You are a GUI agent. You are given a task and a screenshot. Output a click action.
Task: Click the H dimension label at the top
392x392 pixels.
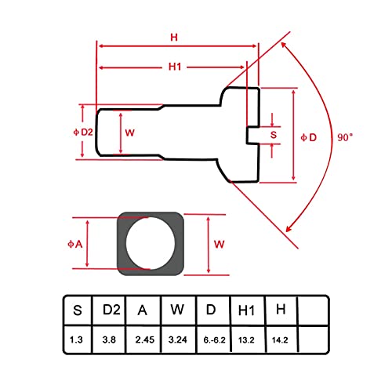tap(174, 38)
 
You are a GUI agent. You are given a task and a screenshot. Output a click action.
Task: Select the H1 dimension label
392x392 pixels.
tap(175, 67)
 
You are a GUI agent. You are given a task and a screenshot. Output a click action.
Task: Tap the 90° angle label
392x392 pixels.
tap(345, 137)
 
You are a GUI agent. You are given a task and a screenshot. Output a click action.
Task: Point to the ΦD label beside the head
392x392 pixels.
tap(309, 137)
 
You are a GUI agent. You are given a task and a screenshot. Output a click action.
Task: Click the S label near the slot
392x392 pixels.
tap(274, 135)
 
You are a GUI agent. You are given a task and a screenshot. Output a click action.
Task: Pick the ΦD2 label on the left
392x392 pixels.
tap(83, 132)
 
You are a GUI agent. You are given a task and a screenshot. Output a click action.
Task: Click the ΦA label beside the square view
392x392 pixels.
tap(75, 244)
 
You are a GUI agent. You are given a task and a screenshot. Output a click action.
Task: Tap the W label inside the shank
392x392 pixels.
tap(129, 132)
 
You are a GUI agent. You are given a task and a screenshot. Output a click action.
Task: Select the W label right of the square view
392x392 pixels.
tap(219, 245)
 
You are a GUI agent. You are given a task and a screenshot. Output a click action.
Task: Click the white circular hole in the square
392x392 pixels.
tap(151, 243)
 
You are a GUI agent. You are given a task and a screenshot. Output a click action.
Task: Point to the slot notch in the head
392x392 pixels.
tap(253, 135)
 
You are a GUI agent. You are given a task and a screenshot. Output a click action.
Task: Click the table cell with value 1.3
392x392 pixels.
tap(76, 339)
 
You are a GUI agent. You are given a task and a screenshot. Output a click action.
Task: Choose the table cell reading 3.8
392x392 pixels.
tap(109, 339)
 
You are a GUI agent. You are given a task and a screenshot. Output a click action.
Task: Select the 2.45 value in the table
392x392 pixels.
tap(145, 339)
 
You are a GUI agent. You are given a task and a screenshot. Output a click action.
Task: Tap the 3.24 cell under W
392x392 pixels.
tap(178, 339)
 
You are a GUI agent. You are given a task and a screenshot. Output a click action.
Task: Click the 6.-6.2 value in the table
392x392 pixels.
tap(214, 340)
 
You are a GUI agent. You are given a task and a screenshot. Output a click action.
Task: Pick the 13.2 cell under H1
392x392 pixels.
tap(246, 340)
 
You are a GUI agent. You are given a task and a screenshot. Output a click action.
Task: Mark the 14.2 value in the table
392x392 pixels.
tap(280, 340)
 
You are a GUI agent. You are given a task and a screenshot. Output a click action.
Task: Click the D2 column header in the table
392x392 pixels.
tap(111, 310)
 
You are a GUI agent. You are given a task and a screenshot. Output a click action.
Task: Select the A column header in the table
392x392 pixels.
tap(143, 310)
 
